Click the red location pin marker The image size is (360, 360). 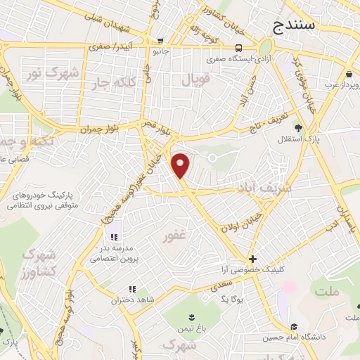click(181, 165)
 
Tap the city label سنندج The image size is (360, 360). click(295, 27)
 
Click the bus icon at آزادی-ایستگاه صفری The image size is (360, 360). click(240, 49)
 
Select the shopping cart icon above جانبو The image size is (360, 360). click(161, 40)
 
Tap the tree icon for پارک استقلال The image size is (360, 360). click(299, 128)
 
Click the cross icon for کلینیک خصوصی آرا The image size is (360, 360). click(252, 259)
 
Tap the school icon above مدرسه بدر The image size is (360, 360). click(115, 236)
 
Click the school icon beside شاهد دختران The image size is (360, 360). click(132, 289)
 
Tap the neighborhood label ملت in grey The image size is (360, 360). click(326, 290)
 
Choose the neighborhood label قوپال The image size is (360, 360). click(195, 81)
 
